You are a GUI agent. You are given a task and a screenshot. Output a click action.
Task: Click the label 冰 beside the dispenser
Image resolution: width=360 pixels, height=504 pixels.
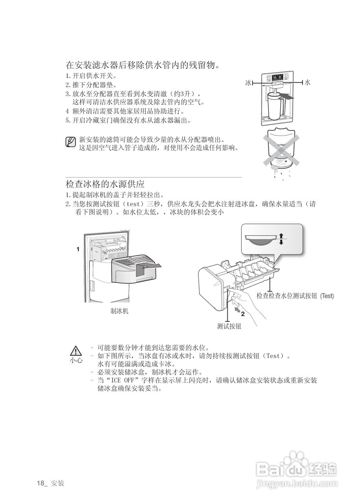(x=248, y=83)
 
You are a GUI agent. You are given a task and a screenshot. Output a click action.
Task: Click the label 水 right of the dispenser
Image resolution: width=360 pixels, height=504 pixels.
(x=308, y=83)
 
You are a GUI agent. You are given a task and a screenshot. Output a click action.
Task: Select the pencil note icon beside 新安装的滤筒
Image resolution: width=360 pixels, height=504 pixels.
(x=70, y=142)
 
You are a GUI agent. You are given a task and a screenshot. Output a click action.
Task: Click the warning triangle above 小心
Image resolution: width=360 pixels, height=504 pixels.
(x=76, y=351)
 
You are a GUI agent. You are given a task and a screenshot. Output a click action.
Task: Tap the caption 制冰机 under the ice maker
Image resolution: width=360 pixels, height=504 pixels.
(x=119, y=311)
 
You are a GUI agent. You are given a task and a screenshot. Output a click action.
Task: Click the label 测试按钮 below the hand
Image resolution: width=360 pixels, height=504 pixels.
(x=229, y=326)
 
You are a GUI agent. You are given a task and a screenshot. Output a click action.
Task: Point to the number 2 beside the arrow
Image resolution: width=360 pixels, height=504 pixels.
(x=243, y=314)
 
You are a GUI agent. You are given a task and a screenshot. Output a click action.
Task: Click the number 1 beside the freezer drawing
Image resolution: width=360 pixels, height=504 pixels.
(x=78, y=249)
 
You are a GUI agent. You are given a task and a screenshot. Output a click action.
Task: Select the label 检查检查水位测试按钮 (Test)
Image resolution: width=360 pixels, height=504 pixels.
(x=295, y=296)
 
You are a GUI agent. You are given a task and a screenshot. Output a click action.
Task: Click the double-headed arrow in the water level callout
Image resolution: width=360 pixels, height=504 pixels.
(x=281, y=239)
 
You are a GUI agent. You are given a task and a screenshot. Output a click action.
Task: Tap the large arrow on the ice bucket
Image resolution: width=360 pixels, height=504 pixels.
(x=148, y=269)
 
